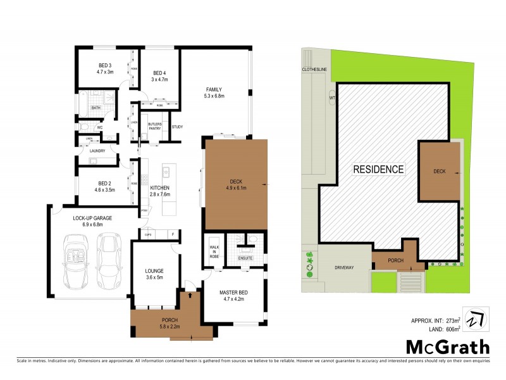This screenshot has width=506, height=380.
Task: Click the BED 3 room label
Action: tap(104, 65)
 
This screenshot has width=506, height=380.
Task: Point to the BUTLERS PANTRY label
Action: tap(156, 125)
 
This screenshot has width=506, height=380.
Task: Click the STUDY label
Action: tap(177, 127)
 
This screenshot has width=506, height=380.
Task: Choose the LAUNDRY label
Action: tap(97, 150)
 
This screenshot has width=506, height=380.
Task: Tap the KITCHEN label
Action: tap(159, 188)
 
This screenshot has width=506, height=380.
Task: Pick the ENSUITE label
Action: tap(245, 258)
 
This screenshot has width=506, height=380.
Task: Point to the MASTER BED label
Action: tap(233, 292)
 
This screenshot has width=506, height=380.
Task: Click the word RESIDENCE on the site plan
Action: tap(378, 169)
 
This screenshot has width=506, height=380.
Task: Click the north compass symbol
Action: tap(473, 319)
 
